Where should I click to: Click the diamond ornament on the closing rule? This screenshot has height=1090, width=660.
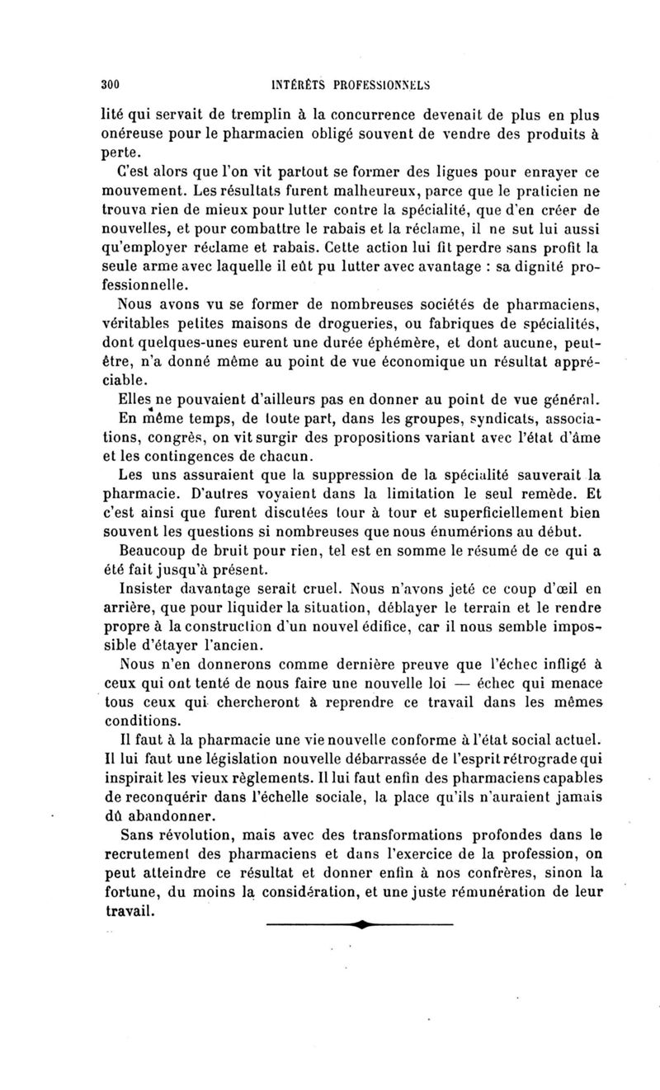click(x=361, y=923)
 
